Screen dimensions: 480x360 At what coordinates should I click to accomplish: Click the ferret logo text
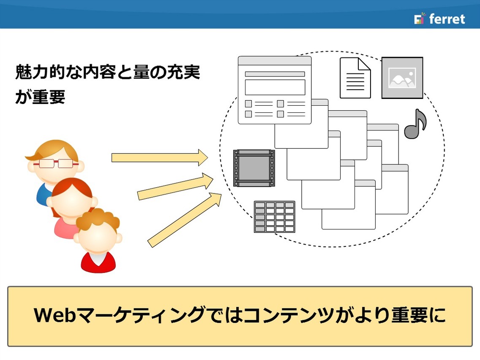pyautogui.click(x=447, y=19)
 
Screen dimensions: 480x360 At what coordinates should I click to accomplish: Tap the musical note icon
pyautogui.click(x=415, y=124)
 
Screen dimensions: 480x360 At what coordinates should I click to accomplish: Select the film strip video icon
pyautogui.click(x=254, y=168)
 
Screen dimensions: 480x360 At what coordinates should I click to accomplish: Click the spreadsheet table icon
pyautogui.click(x=275, y=217)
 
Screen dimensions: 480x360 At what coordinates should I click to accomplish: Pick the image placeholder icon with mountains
pyautogui.click(x=402, y=78)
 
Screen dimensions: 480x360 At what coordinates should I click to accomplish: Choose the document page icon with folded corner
pyautogui.click(x=355, y=78)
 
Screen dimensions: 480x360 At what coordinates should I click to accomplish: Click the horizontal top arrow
pyautogui.click(x=160, y=158)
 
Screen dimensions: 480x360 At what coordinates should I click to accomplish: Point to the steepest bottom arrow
pyautogui.click(x=185, y=220)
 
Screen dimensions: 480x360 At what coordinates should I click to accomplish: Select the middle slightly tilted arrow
pyautogui.click(x=175, y=187)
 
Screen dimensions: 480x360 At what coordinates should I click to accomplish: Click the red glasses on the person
pyautogui.click(x=56, y=164)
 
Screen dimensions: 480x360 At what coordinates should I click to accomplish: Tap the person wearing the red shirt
pyautogui.click(x=98, y=240)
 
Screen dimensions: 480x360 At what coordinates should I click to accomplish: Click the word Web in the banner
pyautogui.click(x=55, y=315)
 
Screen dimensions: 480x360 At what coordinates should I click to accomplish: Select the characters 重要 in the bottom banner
pyautogui.click(x=409, y=315)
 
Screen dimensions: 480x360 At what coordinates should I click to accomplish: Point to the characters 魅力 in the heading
pyautogui.click(x=32, y=72)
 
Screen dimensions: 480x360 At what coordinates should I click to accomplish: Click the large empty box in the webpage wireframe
pyautogui.click(x=275, y=87)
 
